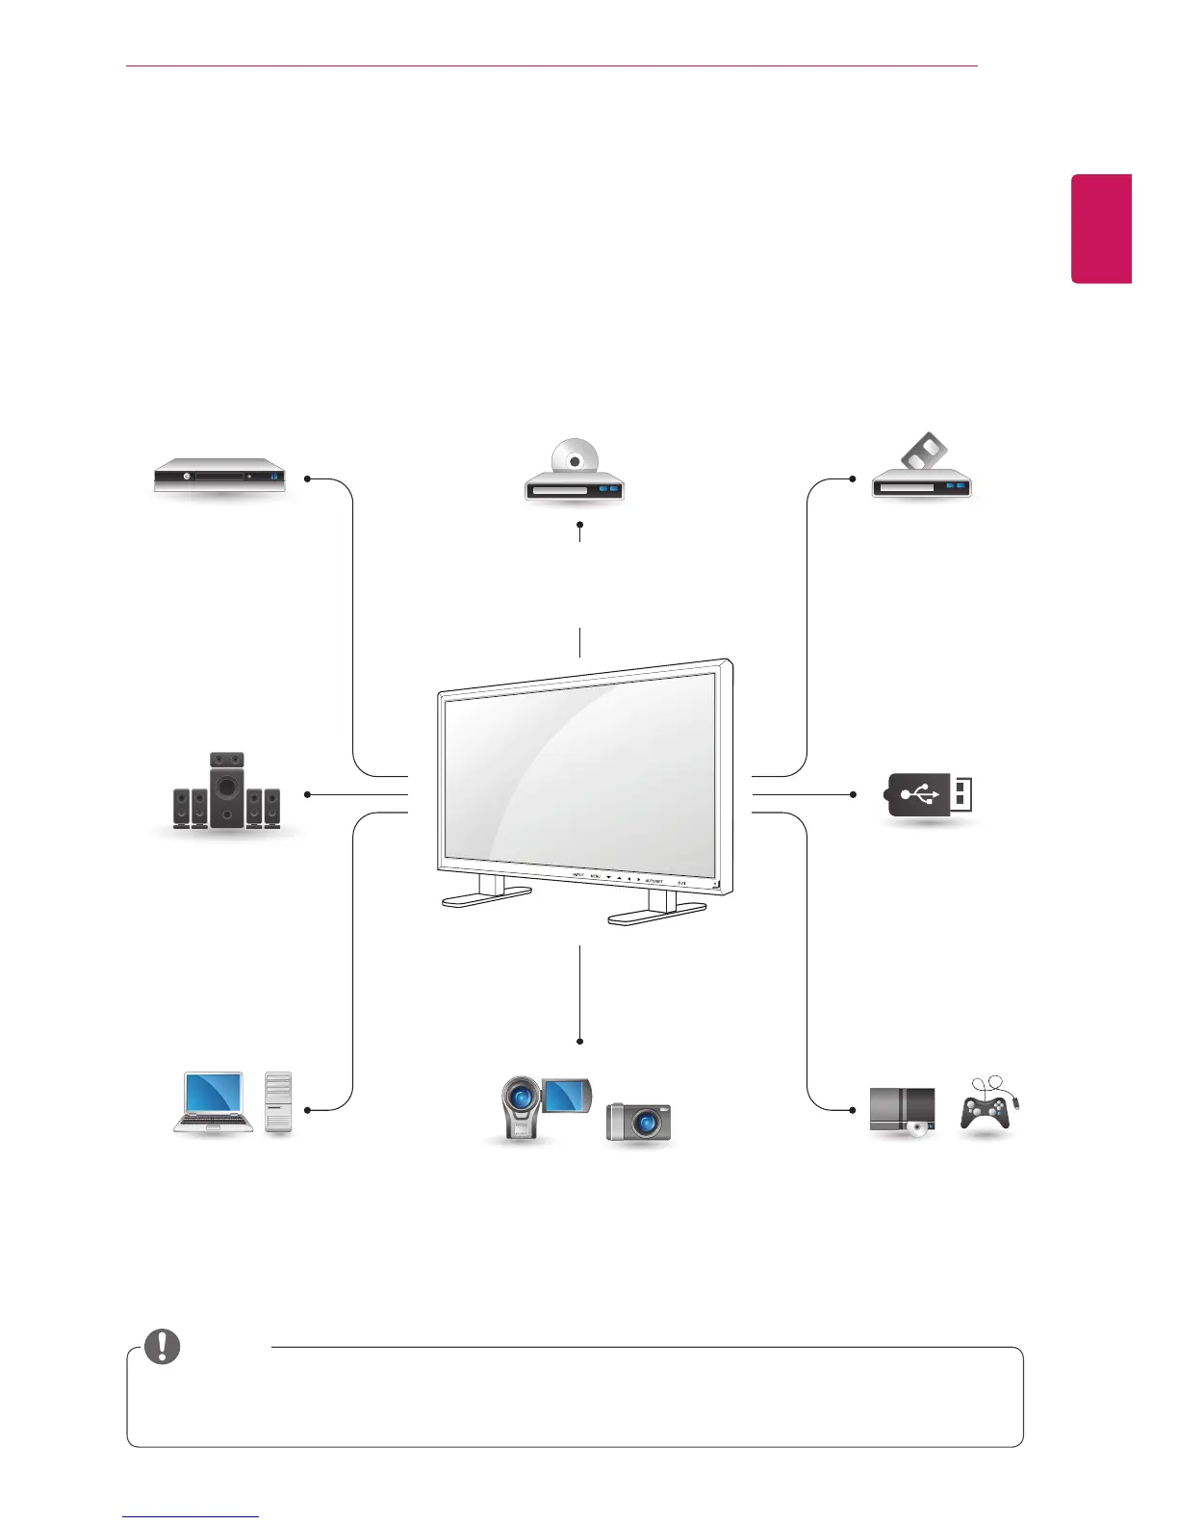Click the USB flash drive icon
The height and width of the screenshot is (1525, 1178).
point(928,795)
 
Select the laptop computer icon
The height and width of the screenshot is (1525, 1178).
point(214,1102)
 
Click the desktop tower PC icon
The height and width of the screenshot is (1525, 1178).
point(278,1102)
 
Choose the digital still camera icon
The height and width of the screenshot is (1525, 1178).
point(638,1123)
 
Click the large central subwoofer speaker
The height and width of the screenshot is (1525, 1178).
point(227,789)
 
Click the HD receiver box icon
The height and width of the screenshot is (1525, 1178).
point(220,476)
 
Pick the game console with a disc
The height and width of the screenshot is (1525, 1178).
point(903,1113)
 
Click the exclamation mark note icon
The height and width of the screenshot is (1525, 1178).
point(162,1346)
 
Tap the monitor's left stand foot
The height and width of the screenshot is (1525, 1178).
point(487,896)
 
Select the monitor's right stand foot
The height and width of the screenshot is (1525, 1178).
point(657,914)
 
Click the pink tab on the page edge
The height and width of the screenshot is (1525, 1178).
point(1102,229)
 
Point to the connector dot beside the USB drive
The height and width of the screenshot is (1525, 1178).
point(854,794)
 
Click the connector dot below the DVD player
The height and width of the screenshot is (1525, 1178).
point(580,525)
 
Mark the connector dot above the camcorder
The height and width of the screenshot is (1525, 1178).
point(580,1041)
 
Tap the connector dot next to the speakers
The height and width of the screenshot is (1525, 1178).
point(307,794)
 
